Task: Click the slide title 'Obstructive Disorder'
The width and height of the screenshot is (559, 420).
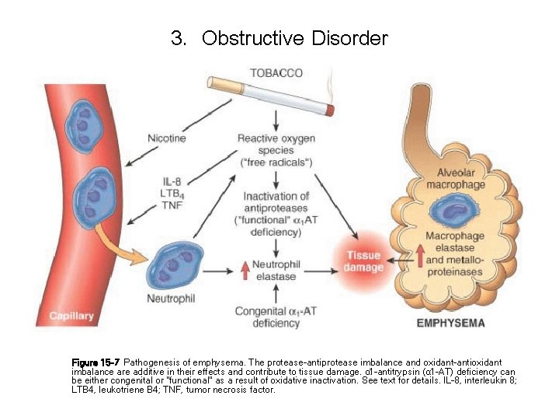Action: pyautogui.click(x=294, y=38)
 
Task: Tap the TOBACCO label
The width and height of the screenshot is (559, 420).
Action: pyautogui.click(x=276, y=74)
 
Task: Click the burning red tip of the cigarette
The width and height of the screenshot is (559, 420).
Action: pyautogui.click(x=330, y=110)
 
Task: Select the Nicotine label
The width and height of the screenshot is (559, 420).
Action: pyautogui.click(x=167, y=138)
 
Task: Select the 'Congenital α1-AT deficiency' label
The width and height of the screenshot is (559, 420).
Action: pyautogui.click(x=276, y=317)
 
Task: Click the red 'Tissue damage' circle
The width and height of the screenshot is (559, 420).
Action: pyautogui.click(x=363, y=261)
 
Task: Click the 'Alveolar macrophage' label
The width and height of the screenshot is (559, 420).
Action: pyautogui.click(x=460, y=179)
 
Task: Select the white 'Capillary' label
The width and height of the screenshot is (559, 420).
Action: pyautogui.click(x=71, y=316)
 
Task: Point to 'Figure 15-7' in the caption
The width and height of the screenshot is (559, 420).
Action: pyautogui.click(x=95, y=362)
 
